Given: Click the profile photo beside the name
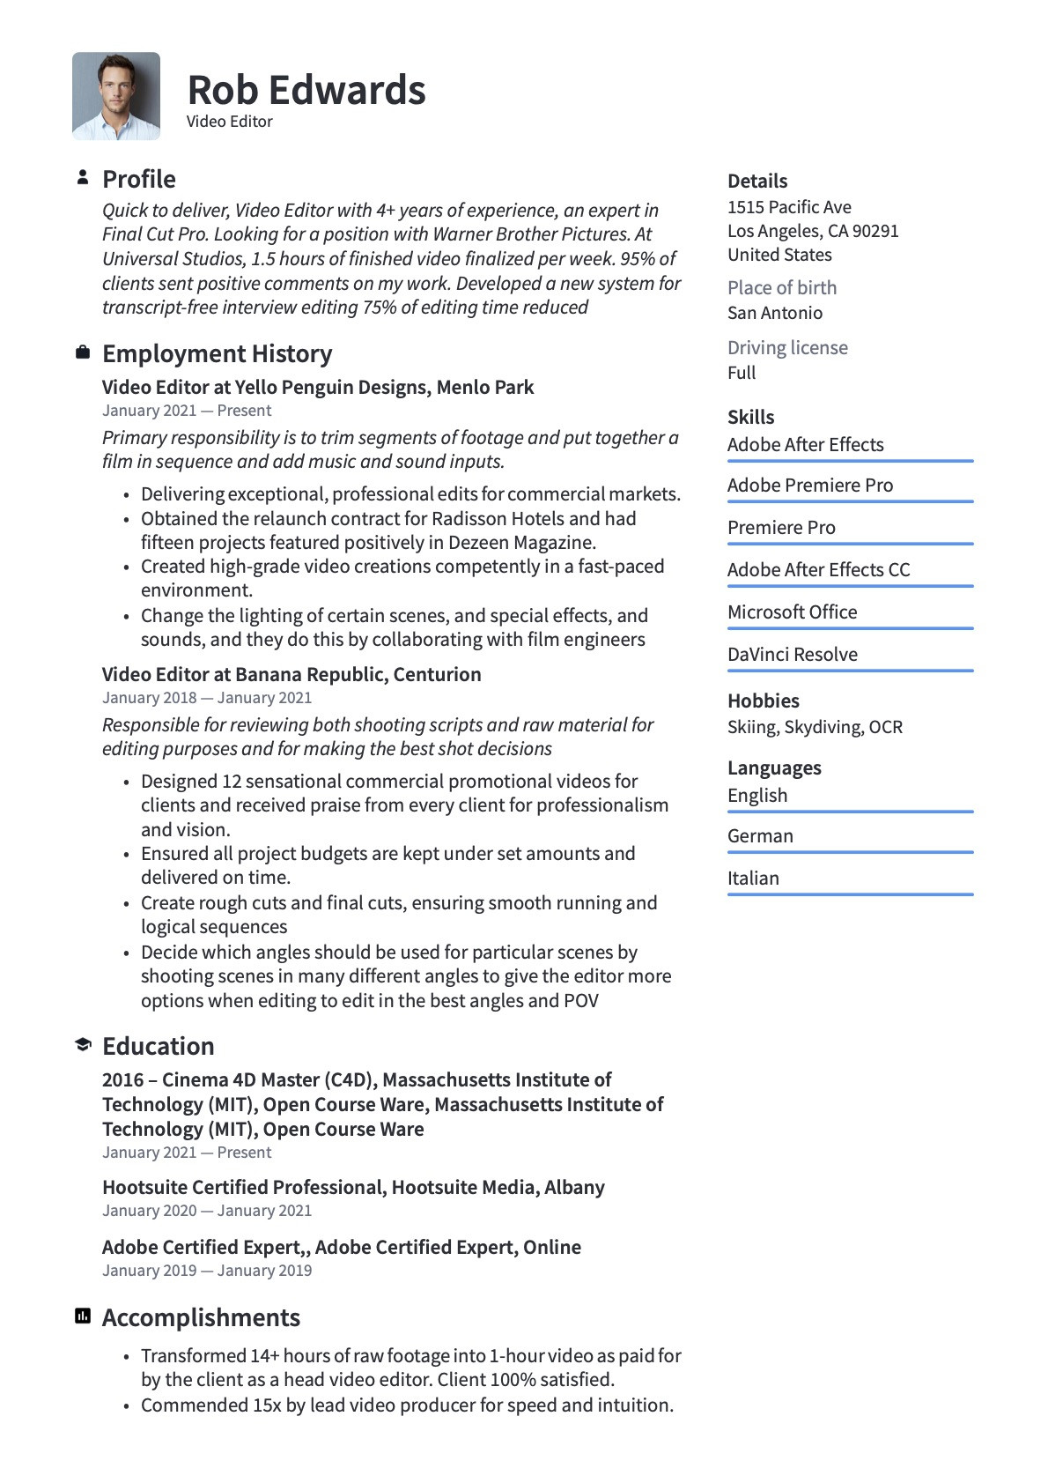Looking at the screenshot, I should (116, 96).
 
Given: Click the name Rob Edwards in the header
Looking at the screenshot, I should (306, 90).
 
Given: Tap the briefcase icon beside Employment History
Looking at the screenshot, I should (83, 352).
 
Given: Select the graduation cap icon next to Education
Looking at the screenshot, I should (83, 1045).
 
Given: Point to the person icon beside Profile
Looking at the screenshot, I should (83, 177).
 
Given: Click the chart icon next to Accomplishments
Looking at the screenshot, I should (83, 1316).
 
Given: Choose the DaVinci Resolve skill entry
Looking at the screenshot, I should (793, 654).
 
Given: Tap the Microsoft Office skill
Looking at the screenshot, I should (793, 612).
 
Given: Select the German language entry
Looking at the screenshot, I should (760, 835).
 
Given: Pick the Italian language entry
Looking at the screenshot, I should (753, 878).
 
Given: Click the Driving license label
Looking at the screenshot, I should (787, 347).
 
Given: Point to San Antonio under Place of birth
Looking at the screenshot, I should (775, 313).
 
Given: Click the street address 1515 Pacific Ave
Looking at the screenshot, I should (789, 207).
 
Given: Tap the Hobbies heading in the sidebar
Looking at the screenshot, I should (764, 701).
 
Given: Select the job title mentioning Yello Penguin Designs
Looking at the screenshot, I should (318, 387).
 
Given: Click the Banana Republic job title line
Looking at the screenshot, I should (292, 674).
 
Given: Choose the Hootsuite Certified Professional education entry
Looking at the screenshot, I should (353, 1187).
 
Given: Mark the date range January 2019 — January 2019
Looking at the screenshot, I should (207, 1270).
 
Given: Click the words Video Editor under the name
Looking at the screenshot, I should (230, 122).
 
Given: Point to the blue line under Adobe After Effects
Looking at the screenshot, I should (850, 461).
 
